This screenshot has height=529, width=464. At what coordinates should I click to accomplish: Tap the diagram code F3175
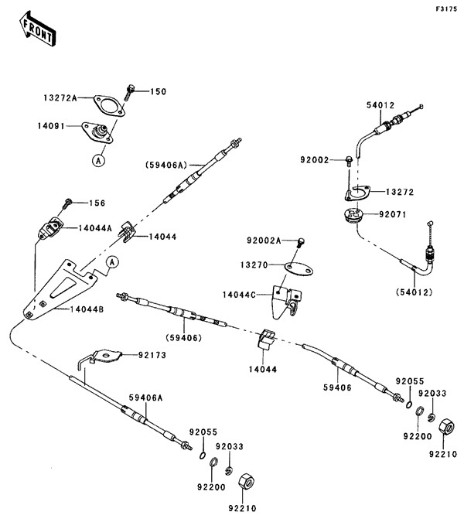point(445,9)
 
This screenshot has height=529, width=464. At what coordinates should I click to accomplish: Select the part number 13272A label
point(60,99)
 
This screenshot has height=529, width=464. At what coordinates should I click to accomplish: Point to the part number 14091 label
point(54,125)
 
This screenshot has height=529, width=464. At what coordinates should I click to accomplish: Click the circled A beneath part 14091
point(98,160)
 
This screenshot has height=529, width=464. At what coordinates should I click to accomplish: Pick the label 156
point(97,203)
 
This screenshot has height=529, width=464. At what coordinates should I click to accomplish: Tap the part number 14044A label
point(95,227)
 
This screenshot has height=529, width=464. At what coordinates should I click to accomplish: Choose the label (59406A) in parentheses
point(165,165)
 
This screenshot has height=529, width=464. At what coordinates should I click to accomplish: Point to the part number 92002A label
point(265,241)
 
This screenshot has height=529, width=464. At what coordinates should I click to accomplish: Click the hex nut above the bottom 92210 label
point(247,480)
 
